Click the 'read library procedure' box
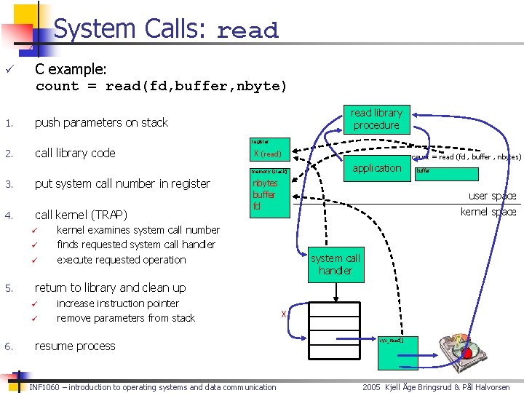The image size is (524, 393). [376, 119]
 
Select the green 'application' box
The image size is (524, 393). [376, 168]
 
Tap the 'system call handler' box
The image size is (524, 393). [335, 265]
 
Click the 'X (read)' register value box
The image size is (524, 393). [269, 154]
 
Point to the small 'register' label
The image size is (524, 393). [260, 141]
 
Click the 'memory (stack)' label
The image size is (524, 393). [269, 172]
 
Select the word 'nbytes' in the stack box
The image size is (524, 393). [265, 183]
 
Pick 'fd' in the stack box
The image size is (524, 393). [257, 206]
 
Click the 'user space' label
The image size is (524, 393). [492, 196]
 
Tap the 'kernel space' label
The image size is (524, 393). [488, 212]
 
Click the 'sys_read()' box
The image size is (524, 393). [391, 340]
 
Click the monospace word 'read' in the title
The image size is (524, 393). [247, 31]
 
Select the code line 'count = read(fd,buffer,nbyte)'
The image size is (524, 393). [162, 86]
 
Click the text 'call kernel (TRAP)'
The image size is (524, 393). [81, 215]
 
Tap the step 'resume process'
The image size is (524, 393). [75, 346]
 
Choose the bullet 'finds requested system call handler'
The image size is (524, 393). [136, 245]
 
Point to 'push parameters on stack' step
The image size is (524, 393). [101, 122]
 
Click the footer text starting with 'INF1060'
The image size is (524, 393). [153, 387]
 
